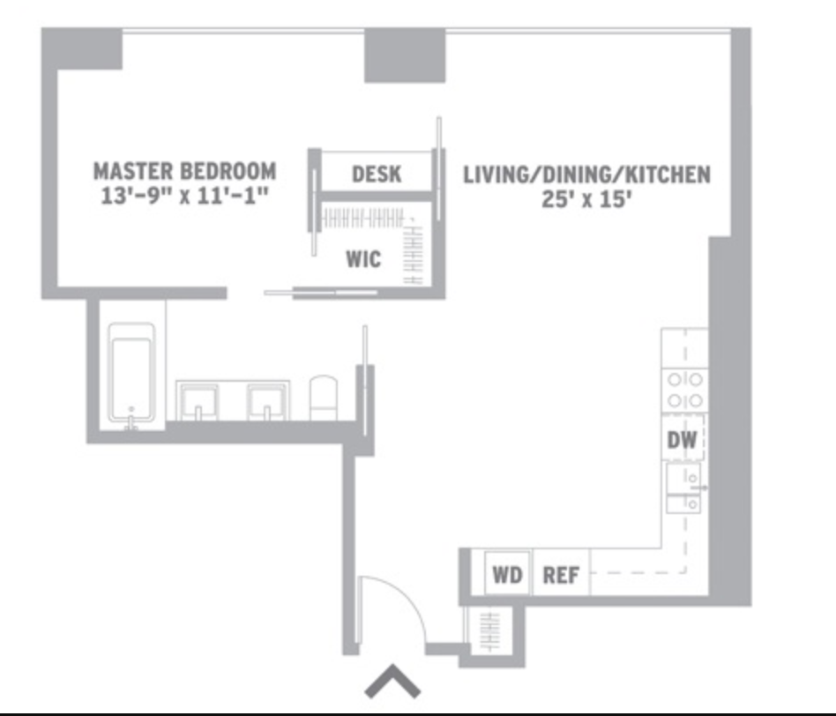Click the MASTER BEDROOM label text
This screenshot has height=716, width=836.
[184, 170]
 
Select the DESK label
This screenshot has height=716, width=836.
[377, 174]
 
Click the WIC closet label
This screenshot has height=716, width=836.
[362, 259]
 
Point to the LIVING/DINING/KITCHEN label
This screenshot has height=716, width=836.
[586, 175]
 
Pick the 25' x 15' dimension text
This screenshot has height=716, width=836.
[586, 200]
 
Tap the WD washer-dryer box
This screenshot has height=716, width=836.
[507, 576]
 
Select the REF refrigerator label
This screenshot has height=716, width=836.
[561, 576]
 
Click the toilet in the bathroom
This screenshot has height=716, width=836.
[324, 398]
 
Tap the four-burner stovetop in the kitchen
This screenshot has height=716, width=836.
[684, 390]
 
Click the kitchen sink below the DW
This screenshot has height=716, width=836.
[684, 489]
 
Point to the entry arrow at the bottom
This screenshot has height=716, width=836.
[392, 682]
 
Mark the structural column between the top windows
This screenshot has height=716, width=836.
[405, 55]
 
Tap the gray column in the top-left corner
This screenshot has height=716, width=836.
[83, 48]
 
